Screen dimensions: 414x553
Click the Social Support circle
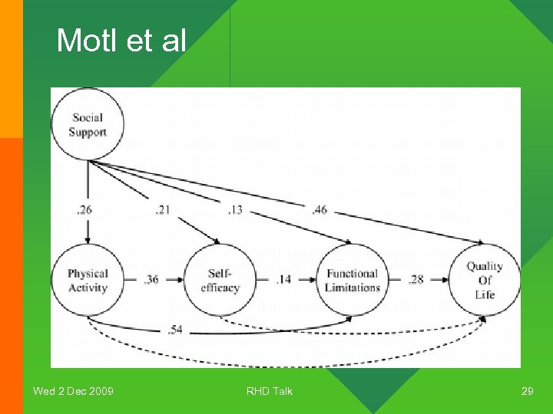[87, 124]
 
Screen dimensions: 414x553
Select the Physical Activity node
[88, 280]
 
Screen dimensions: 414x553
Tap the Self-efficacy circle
[220, 280]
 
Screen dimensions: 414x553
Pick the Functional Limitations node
[353, 280]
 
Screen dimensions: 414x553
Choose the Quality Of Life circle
[485, 280]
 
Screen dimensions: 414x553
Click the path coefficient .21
[161, 209]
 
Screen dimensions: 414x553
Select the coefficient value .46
[319, 209]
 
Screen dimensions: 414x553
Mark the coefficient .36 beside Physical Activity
[151, 279]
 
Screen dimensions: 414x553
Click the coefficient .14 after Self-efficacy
[283, 279]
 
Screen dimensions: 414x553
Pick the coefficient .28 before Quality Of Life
[416, 279]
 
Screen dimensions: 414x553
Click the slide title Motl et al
[121, 41]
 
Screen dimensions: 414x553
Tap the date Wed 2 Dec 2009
[73, 392]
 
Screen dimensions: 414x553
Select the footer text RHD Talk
[270, 392]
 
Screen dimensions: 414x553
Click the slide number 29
[527, 392]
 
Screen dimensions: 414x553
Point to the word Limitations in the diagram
[353, 287]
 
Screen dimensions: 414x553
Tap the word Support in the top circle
[87, 132]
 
